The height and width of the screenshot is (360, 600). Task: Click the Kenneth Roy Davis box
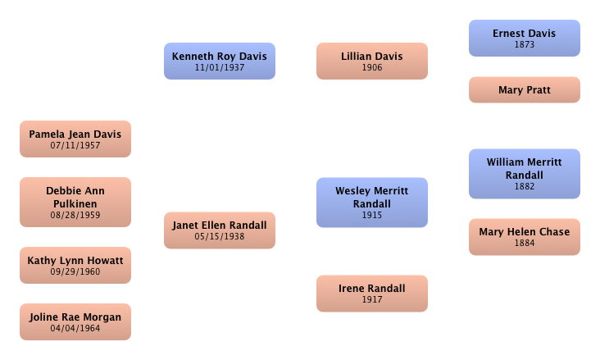[219, 61]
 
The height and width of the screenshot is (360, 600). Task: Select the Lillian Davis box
[371, 61]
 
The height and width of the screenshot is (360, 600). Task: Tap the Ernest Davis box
[524, 38]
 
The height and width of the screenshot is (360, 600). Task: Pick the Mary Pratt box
[524, 89]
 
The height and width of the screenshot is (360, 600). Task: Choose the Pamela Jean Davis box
[75, 139]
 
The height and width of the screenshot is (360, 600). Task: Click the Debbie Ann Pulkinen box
[75, 202]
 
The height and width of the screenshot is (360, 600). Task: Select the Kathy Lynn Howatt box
[75, 265]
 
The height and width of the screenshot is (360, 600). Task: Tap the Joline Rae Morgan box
[75, 321]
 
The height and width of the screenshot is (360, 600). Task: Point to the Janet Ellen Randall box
[219, 230]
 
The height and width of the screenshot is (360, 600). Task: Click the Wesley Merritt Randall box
[371, 202]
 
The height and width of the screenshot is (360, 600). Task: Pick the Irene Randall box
[371, 293]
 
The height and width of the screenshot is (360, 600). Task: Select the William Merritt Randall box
[524, 173]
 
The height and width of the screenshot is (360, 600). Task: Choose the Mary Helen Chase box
[524, 236]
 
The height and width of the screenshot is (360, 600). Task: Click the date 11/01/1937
[220, 68]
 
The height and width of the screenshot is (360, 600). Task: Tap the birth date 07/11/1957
[75, 146]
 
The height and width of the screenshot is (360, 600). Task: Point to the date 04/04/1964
[75, 329]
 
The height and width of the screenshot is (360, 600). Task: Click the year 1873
[524, 45]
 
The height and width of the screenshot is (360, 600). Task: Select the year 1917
[371, 300]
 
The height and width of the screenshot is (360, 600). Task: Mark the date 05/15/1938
[219, 237]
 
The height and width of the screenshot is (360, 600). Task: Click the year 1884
[524, 244]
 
